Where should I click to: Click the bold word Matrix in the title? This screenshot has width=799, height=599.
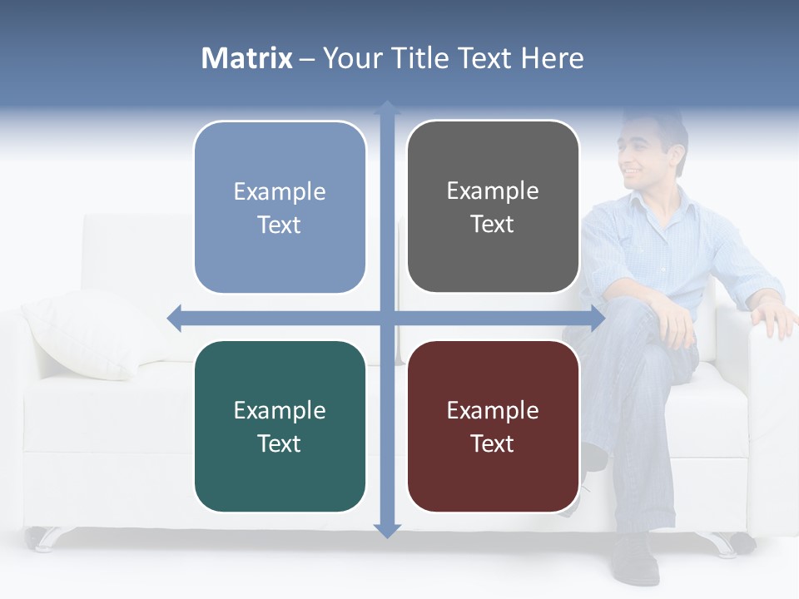click(247, 58)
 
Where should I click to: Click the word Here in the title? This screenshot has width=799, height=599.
click(552, 58)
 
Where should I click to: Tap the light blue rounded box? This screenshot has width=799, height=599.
click(280, 207)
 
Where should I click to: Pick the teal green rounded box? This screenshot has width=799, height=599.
click(280, 427)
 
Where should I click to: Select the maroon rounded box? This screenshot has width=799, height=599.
click(493, 427)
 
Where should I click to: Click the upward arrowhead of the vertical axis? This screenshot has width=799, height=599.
click(387, 108)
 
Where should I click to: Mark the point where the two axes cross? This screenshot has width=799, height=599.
click(387, 316)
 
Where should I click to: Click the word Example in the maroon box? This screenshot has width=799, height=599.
click(493, 410)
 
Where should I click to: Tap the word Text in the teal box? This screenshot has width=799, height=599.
click(280, 443)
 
